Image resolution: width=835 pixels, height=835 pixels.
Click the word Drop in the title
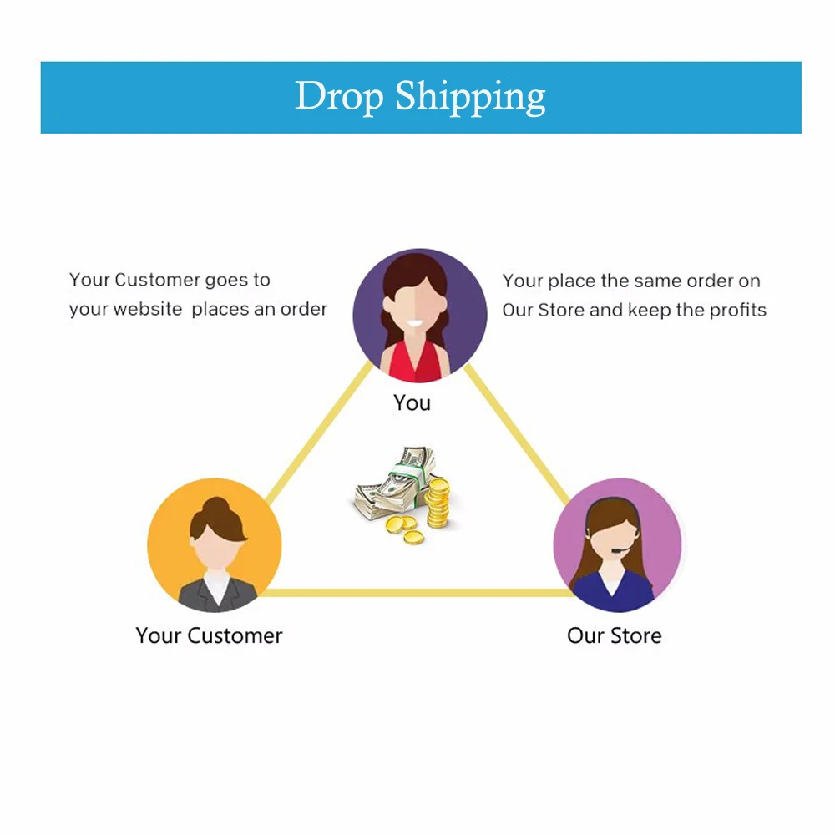click(339, 97)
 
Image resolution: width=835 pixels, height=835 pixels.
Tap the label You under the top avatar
click(412, 402)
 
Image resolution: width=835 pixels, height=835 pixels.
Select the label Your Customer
click(209, 635)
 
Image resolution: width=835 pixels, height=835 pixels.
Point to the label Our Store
click(614, 635)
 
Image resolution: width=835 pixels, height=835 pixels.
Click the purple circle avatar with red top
click(419, 316)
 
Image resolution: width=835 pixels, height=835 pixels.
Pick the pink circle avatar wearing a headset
click(617, 544)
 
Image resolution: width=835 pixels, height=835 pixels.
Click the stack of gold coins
click(437, 501)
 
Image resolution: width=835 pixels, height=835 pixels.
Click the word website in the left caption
click(148, 309)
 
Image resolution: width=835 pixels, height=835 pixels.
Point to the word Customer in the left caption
click(158, 280)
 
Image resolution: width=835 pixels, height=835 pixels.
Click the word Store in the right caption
click(561, 310)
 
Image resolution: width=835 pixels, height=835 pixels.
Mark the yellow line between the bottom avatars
click(417, 593)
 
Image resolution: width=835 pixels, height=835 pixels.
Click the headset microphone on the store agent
click(615, 550)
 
